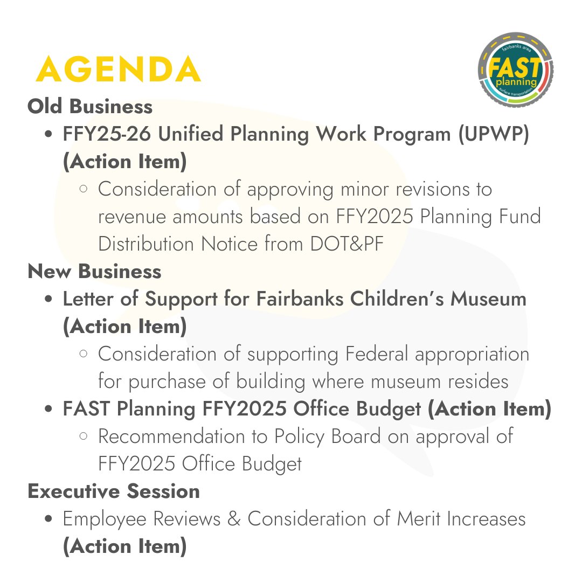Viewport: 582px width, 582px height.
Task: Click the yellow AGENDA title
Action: [x=118, y=69]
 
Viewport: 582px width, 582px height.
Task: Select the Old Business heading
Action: [x=90, y=107]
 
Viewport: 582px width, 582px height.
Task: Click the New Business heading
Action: [x=94, y=272]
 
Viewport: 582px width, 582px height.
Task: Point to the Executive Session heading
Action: [x=114, y=491]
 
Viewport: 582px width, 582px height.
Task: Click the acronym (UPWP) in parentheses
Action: [x=494, y=135]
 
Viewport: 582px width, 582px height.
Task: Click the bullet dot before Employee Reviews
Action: [x=49, y=519]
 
